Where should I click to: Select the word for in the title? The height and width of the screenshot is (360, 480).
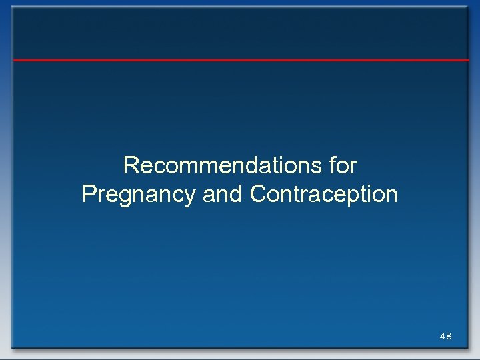(343, 165)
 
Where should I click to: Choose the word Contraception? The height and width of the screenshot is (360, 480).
(324, 195)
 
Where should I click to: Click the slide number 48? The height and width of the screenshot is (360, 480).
(446, 337)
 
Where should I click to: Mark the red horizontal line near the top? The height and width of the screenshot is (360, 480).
(240, 60)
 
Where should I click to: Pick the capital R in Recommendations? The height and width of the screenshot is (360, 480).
(131, 165)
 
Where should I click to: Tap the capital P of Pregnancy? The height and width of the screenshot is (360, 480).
(89, 195)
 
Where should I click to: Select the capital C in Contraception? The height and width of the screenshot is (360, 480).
(259, 195)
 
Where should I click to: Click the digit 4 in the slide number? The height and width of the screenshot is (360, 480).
(443, 337)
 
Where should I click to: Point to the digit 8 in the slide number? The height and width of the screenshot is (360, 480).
(449, 337)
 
